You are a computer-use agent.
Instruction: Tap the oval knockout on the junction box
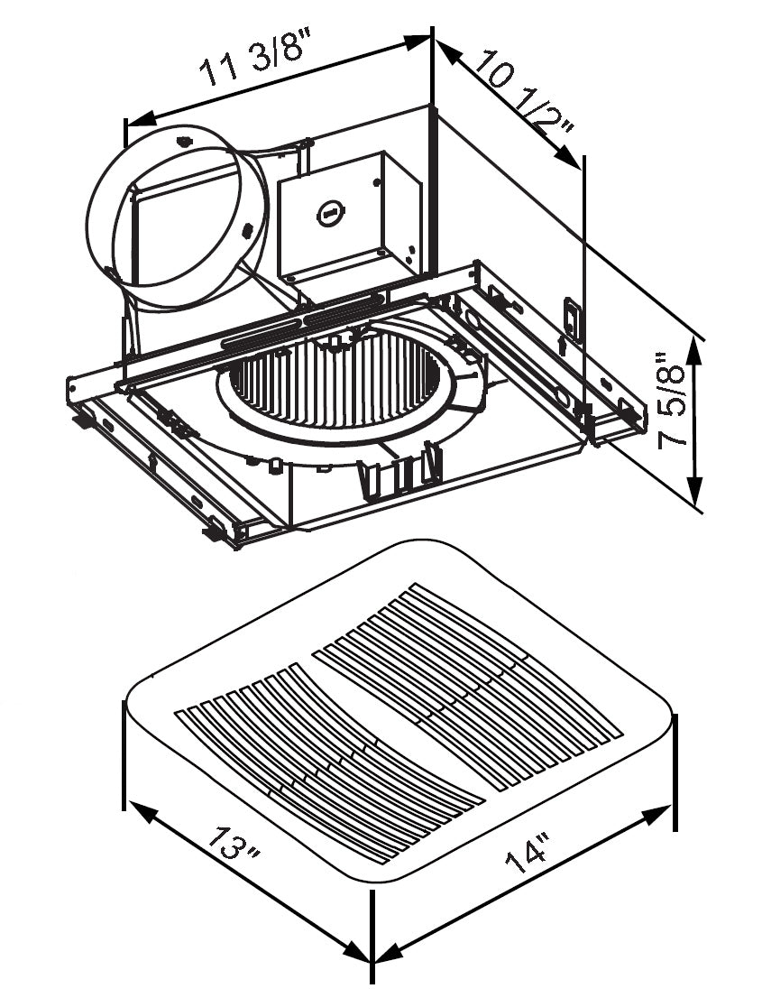pyautogui.click(x=329, y=215)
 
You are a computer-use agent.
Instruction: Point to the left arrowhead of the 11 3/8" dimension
pyautogui.click(x=136, y=120)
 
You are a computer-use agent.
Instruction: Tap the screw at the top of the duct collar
pyautogui.click(x=184, y=140)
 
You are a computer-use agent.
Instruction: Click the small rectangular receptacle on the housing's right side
pyautogui.click(x=570, y=315)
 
